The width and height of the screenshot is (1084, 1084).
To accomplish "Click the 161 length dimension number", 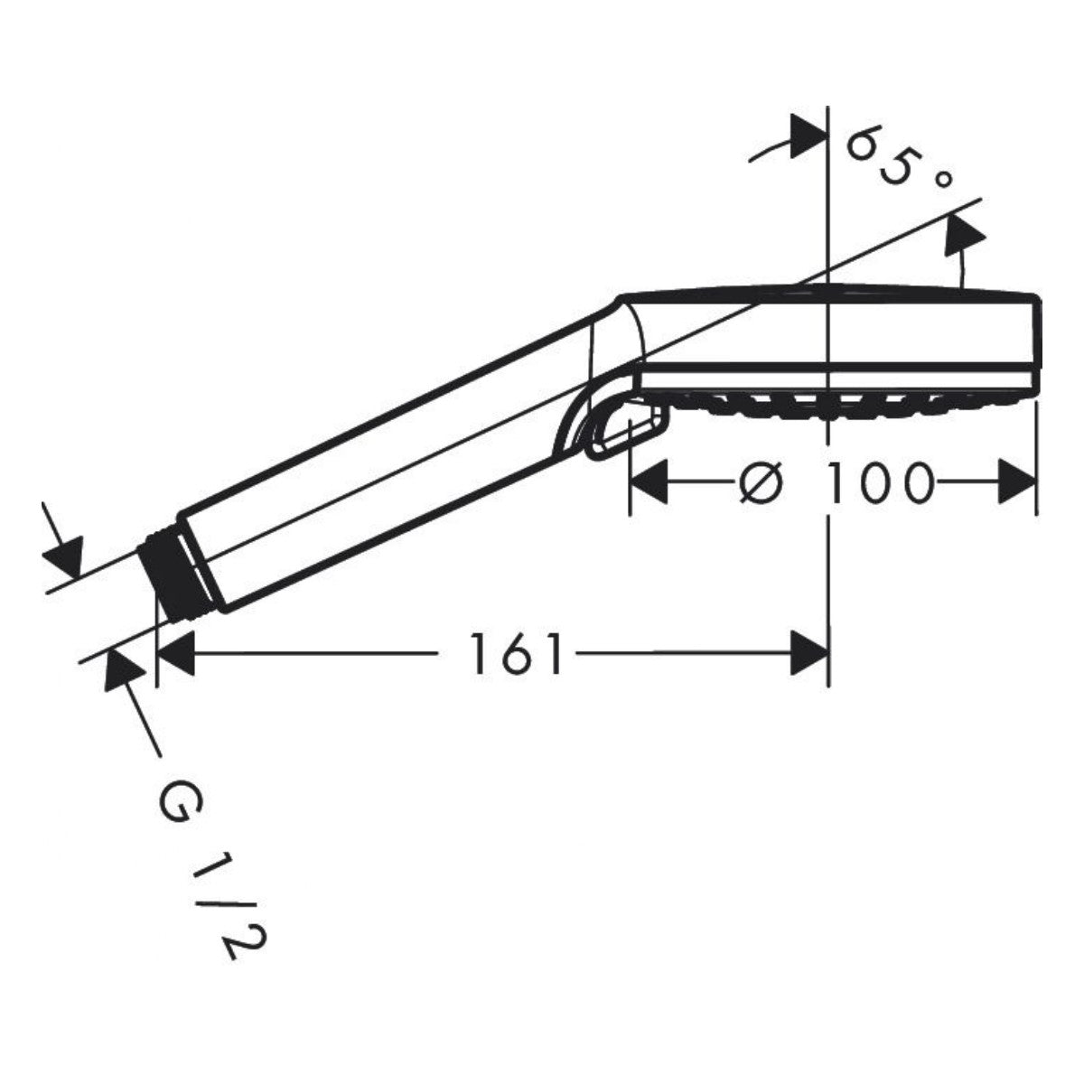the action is click(x=516, y=653).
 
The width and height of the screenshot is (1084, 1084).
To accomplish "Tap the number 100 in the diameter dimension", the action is click(x=881, y=482).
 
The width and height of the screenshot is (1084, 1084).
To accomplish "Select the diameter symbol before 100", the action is click(x=760, y=482).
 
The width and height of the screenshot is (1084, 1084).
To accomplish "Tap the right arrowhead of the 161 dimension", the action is click(x=808, y=653).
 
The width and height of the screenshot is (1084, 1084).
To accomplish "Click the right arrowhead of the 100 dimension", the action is click(x=1017, y=481).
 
